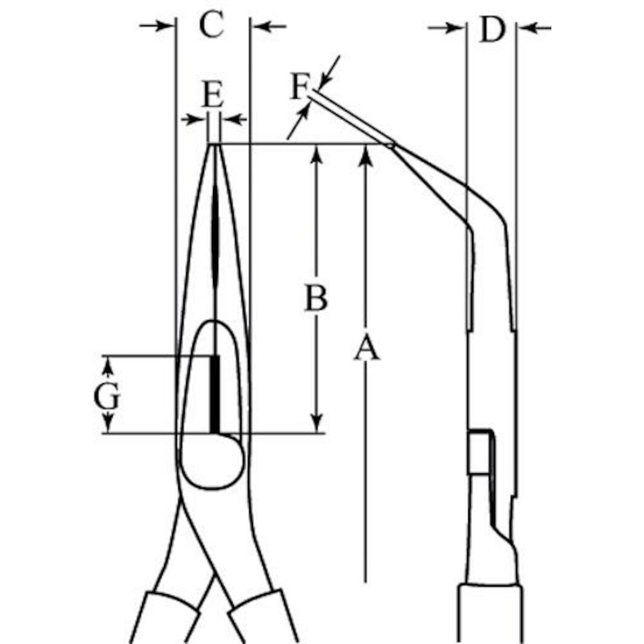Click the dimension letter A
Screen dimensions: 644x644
366,350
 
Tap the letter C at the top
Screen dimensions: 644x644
212,26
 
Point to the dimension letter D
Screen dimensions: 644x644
492,30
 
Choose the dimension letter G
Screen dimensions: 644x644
107,398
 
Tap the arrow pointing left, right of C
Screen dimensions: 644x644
269,26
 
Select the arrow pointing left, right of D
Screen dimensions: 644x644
534,28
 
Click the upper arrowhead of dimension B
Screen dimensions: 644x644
316,154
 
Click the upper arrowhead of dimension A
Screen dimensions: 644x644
365,154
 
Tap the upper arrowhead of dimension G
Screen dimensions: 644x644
107,365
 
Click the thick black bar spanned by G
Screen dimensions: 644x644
215,393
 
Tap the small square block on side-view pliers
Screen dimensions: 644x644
480,452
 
